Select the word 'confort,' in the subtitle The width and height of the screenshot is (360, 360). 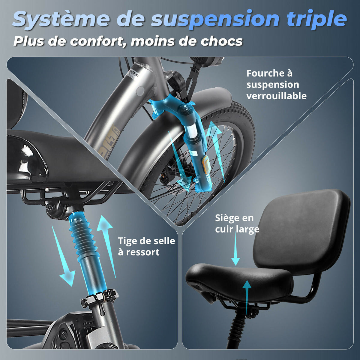[x=100, y=41]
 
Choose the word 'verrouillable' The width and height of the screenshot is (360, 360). [x=277, y=96]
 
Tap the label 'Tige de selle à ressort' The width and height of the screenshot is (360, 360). [x=146, y=246]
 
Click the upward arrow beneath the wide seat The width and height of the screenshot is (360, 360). [x=247, y=297]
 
